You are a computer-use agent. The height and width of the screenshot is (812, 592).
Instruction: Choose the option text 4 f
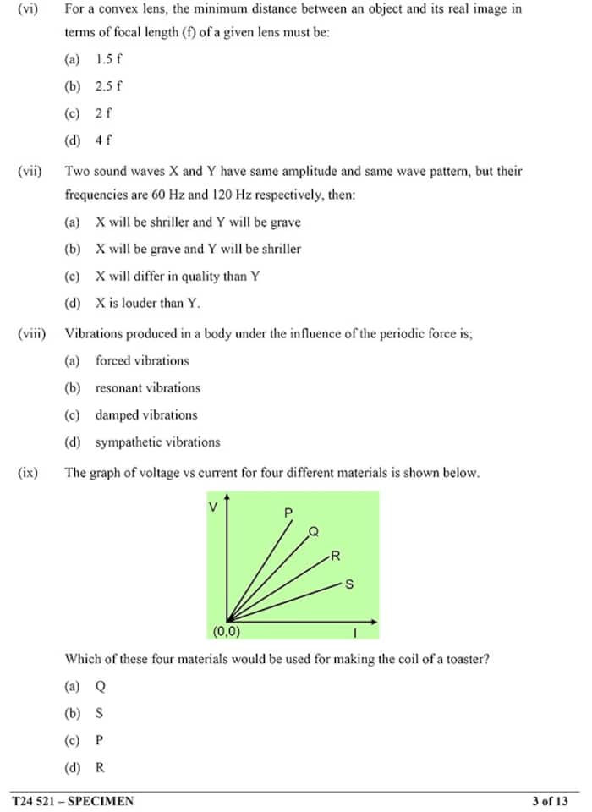point(103,140)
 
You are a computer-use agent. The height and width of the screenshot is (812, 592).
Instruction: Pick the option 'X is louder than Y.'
point(148,303)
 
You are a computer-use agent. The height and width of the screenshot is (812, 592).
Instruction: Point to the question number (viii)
point(31,333)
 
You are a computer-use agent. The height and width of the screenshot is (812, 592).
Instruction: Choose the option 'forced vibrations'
point(142,360)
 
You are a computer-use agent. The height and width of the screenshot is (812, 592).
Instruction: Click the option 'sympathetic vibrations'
point(157,442)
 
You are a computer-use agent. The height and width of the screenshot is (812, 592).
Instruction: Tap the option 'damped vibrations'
point(146,414)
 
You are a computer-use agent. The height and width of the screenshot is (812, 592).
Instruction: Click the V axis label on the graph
point(213,507)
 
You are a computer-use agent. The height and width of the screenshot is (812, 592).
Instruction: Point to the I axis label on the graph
point(355,632)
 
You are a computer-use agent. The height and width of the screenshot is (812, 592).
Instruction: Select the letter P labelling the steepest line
point(288,513)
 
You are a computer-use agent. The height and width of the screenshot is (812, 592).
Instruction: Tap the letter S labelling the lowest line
point(349,584)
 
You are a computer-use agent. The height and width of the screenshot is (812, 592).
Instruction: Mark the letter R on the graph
point(336,557)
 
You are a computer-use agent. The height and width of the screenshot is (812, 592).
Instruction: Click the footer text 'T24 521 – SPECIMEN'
point(73,800)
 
